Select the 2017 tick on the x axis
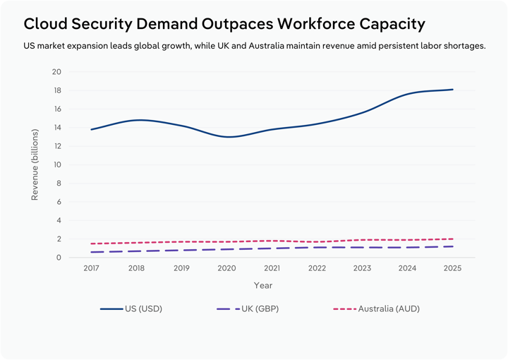(91, 269)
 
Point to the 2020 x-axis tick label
(226, 269)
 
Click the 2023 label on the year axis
(362, 269)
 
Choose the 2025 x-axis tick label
(452, 269)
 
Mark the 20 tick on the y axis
(57, 72)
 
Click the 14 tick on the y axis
(57, 128)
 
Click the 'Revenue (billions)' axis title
(35, 164)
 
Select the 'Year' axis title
(263, 285)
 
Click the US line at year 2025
(452, 90)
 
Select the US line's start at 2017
(91, 129)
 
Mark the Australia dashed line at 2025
(452, 239)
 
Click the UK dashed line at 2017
(91, 252)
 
